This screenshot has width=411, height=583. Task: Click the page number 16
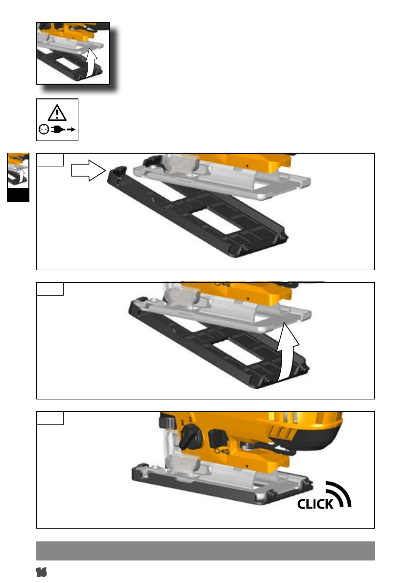[41, 572]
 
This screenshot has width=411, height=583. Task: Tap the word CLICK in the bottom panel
[315, 504]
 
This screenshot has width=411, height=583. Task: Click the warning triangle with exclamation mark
[57, 113]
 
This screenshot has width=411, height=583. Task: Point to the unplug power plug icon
[63, 129]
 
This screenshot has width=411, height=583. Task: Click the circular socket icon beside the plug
[44, 129]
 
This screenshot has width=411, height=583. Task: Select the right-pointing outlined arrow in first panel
[89, 171]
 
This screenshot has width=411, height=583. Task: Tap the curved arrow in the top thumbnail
[91, 63]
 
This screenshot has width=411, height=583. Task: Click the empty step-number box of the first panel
[50, 160]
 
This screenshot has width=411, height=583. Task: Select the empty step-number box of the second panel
[50, 289]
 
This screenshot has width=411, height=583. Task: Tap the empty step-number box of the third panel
[50, 418]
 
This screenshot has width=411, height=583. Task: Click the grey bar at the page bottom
[205, 551]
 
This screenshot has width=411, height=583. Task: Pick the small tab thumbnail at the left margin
[18, 170]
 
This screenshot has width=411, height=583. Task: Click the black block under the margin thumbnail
[18, 195]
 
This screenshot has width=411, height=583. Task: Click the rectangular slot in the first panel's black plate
[216, 222]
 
